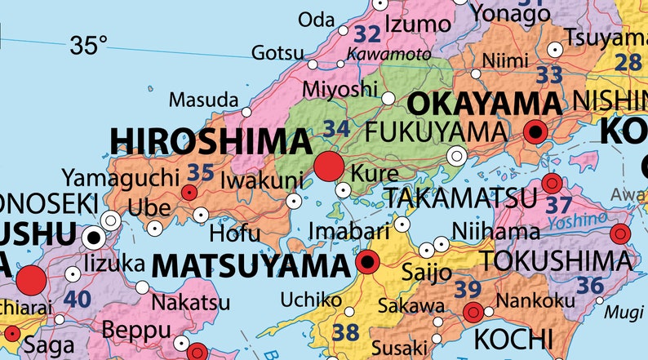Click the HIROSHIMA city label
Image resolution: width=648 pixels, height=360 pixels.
(x=211, y=140)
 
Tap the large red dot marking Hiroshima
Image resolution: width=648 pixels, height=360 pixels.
(x=330, y=166)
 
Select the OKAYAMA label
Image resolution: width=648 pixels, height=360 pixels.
(x=484, y=104)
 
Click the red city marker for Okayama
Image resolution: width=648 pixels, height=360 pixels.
(x=536, y=131)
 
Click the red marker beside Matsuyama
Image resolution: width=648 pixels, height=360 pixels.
(x=368, y=262)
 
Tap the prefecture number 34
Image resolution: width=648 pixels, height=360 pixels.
(x=336, y=128)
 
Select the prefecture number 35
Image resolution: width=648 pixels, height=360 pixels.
(x=200, y=172)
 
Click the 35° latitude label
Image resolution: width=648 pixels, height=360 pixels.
(x=88, y=46)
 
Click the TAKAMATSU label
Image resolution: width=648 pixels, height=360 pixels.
(x=461, y=197)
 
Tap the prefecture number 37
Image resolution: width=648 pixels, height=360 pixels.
(x=558, y=205)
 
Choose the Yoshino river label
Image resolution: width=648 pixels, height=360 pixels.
(x=578, y=220)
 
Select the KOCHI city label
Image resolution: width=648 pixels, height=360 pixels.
(x=514, y=337)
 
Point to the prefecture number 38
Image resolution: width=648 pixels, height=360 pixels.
(x=346, y=331)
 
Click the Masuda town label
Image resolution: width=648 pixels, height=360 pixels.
(x=203, y=100)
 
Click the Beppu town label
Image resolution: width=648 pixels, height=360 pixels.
(x=136, y=331)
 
